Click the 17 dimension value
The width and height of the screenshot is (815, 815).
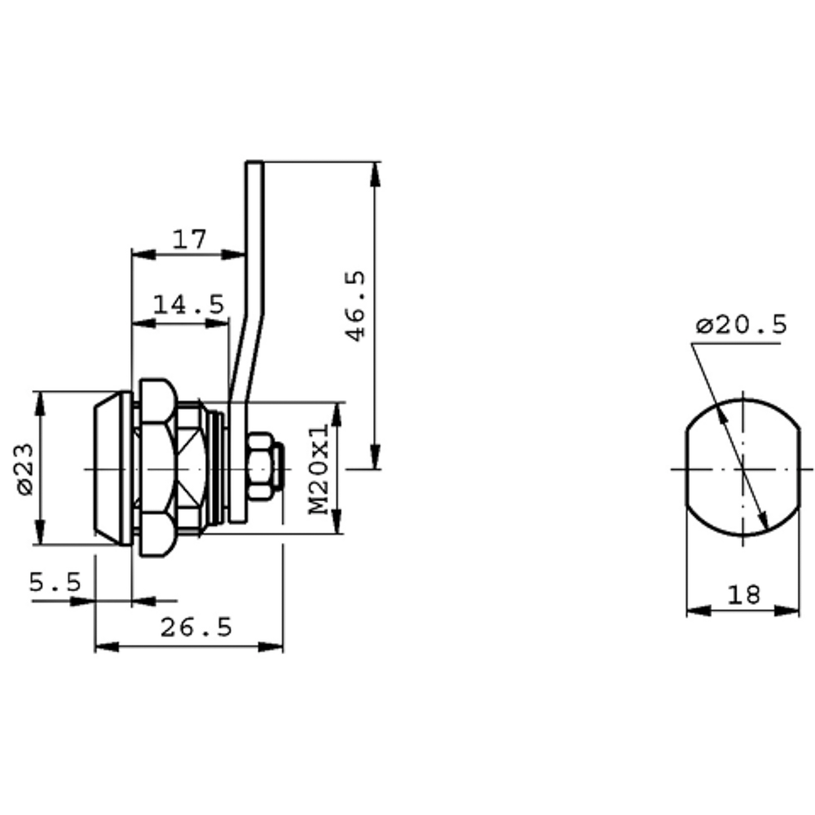189,239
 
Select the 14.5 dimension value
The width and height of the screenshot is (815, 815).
189,304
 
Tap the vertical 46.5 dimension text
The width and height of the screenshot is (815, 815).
355,306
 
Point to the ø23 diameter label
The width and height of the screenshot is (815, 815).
25,469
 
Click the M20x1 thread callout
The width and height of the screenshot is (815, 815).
319,469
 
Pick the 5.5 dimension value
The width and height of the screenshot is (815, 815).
55,582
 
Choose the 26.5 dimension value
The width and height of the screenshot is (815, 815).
196,628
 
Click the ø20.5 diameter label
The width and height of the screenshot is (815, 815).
742,325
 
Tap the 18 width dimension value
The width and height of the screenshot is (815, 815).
743,595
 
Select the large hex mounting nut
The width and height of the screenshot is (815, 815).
158,468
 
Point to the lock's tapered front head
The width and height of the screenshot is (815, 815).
112,469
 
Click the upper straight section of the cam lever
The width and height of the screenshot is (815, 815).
254,236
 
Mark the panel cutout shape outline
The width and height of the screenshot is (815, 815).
686,468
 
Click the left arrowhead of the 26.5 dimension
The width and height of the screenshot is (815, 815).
107,647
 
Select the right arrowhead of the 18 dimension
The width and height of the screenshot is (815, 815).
787,610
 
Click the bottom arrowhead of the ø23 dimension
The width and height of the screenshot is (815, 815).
40,532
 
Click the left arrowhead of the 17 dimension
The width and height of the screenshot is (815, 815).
144,254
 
